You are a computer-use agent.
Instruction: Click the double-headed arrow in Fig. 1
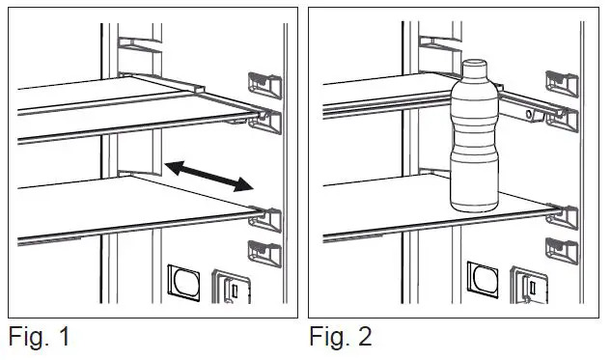click(x=208, y=177)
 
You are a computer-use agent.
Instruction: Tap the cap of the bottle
click(x=473, y=67)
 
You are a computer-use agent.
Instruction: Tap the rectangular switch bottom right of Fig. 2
click(x=530, y=288)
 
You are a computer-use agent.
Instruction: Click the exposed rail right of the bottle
click(x=521, y=111)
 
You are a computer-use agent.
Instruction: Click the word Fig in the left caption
click(x=26, y=338)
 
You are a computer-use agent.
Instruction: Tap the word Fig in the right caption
click(x=327, y=338)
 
